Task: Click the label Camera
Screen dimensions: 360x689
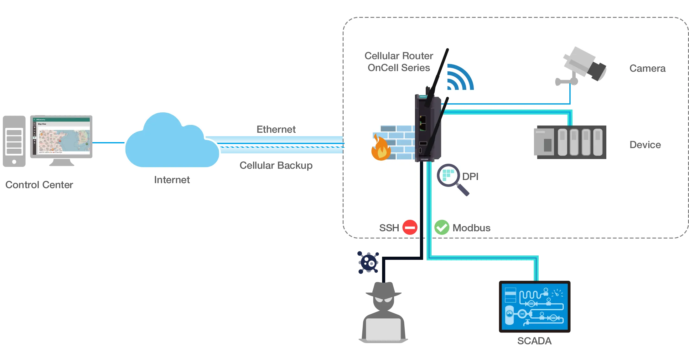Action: point(647,68)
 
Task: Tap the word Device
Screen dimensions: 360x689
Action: point(645,145)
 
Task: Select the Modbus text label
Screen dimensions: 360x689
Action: point(471,228)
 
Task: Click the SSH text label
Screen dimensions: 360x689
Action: point(389,228)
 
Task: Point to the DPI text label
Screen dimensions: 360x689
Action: point(470,177)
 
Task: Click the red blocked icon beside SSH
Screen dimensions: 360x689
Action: point(410,227)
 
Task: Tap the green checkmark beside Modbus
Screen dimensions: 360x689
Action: point(442,227)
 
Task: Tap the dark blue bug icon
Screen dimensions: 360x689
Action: point(368,262)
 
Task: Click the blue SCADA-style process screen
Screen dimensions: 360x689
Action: point(535,306)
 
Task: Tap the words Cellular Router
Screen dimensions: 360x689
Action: point(399,56)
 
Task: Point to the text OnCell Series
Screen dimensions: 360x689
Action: point(399,68)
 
